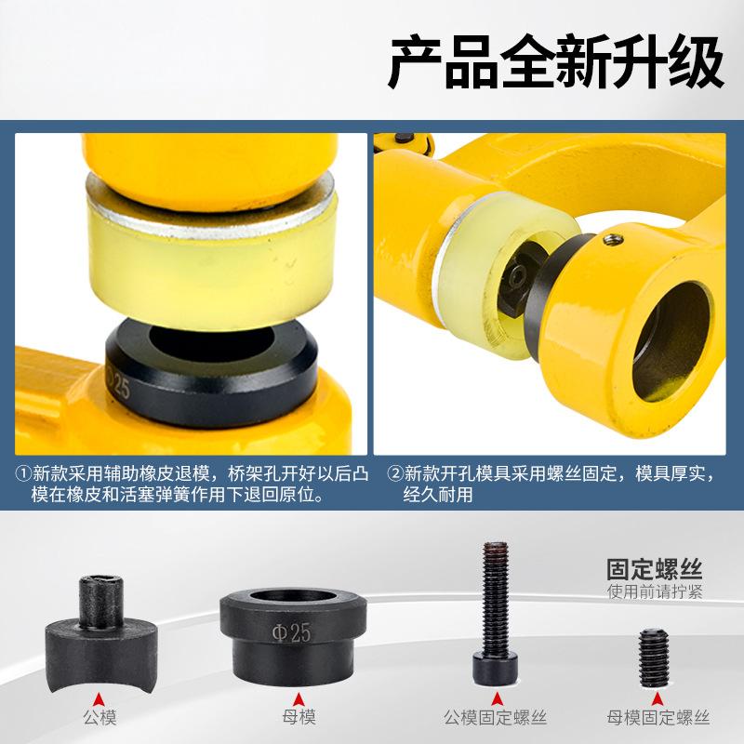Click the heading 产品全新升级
point(556,62)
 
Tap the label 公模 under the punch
point(100,717)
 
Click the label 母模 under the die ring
point(299,716)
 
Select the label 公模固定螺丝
point(496,717)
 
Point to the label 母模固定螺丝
point(658,717)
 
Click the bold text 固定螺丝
point(655,569)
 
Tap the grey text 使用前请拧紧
point(655,591)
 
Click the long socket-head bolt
point(495,613)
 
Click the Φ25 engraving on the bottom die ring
point(291,633)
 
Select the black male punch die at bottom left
point(101,633)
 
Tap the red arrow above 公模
point(99,699)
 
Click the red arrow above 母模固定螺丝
point(658,699)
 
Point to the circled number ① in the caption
point(22,474)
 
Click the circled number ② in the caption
point(394,474)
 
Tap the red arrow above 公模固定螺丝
point(497,699)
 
